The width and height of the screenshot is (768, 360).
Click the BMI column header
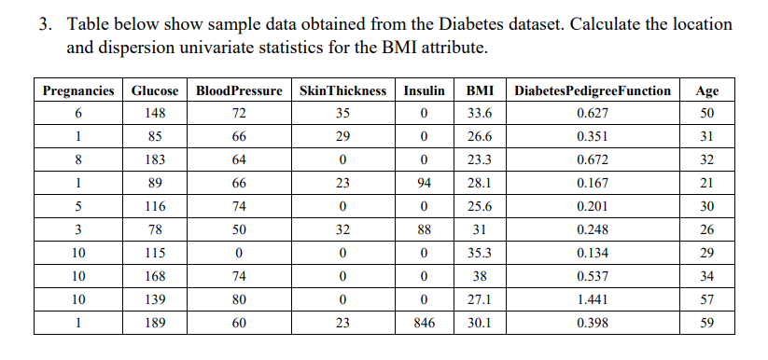(480, 90)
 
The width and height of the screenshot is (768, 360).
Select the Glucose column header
(155, 90)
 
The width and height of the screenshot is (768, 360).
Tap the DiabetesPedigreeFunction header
(592, 90)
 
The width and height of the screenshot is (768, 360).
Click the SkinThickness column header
(342, 90)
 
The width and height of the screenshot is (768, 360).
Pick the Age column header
(706, 90)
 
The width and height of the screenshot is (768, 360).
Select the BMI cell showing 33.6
(480, 114)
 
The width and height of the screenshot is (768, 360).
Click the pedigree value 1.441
(592, 299)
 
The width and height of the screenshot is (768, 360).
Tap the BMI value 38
(480, 276)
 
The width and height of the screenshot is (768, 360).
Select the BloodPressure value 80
(239, 299)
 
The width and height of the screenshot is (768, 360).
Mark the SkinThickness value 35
(342, 114)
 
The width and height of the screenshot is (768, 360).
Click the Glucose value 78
(155, 229)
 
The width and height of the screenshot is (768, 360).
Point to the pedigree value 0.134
(592, 253)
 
